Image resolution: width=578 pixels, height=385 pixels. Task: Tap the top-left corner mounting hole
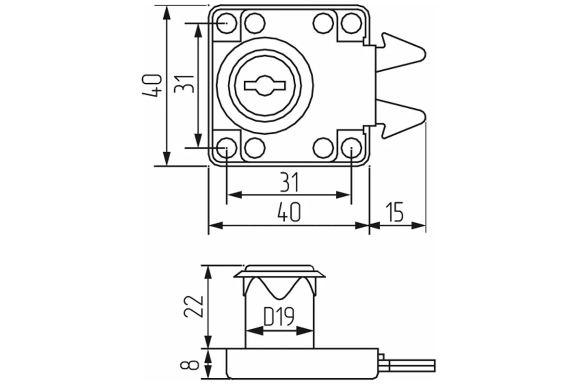[226, 23]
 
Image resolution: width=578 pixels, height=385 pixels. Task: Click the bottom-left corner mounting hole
[226, 147]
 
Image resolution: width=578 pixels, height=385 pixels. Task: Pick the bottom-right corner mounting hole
[351, 148]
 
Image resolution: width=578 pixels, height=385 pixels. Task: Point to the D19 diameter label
[279, 317]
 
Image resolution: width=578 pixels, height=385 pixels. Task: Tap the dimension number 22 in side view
[193, 306]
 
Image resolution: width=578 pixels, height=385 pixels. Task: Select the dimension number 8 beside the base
[193, 363]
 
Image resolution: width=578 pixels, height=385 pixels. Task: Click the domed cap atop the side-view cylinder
[279, 268]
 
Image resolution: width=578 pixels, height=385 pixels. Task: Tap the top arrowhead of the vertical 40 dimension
[167, 13]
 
